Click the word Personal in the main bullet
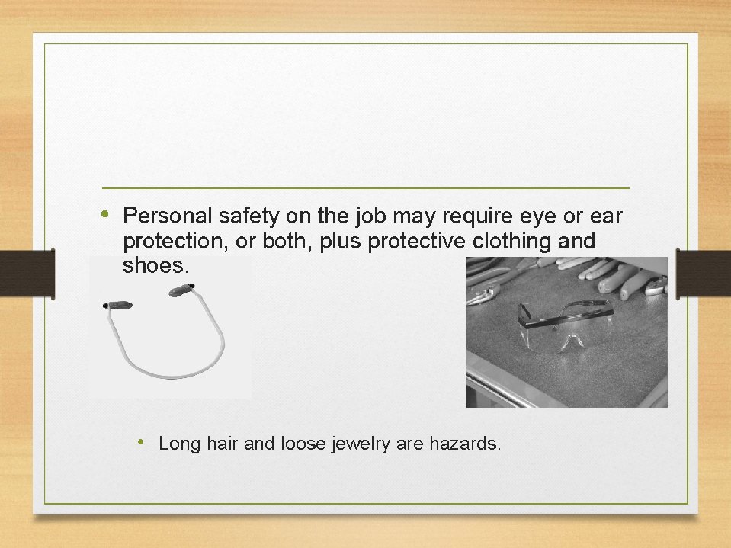[x=160, y=216]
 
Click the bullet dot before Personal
[x=105, y=213]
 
